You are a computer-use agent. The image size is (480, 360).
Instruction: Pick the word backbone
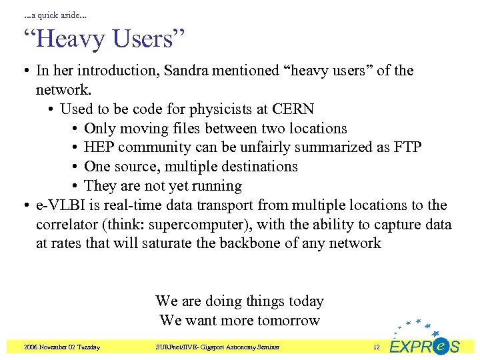pos(251,243)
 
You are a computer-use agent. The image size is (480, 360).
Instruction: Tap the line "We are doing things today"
pos(239,301)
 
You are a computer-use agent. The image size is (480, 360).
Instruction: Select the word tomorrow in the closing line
pos(287,321)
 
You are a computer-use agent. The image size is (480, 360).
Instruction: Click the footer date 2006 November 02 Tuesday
pos(61,347)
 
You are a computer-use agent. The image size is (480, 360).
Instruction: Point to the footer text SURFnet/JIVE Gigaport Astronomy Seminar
pos(217,347)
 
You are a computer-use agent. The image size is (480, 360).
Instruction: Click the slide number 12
pos(376,347)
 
